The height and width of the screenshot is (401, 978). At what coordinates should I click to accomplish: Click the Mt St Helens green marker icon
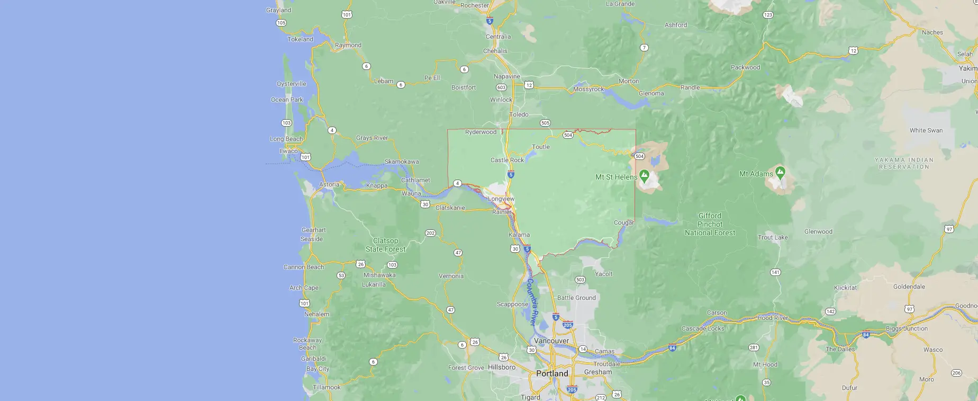pyautogui.click(x=644, y=175)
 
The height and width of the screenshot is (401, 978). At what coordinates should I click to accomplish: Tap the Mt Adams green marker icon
pyautogui.click(x=780, y=172)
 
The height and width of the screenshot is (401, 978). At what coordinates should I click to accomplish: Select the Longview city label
pyautogui.click(x=501, y=199)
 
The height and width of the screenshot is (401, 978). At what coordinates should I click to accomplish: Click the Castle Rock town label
pyautogui.click(x=507, y=160)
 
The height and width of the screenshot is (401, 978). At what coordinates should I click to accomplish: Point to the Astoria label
pyautogui.click(x=329, y=185)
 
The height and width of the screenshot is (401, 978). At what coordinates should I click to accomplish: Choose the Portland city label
pyautogui.click(x=552, y=373)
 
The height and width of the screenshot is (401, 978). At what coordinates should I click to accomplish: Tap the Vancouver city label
pyautogui.click(x=551, y=341)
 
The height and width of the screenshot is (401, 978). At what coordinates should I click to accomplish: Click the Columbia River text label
pyautogui.click(x=532, y=301)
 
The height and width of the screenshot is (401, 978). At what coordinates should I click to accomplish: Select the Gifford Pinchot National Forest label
pyautogui.click(x=710, y=224)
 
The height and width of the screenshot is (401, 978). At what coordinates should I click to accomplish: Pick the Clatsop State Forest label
pyautogui.click(x=385, y=245)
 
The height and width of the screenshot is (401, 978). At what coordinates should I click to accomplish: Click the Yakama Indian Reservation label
pyautogui.click(x=904, y=163)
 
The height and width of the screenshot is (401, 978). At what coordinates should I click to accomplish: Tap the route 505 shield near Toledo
pyautogui.click(x=545, y=123)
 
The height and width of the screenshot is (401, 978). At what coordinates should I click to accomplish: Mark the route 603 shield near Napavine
pyautogui.click(x=501, y=87)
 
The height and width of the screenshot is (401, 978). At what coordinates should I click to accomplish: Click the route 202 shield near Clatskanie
pyautogui.click(x=430, y=233)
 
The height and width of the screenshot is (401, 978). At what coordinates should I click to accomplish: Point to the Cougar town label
pyautogui.click(x=624, y=222)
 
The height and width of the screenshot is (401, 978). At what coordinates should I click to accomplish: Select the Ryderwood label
pyautogui.click(x=481, y=132)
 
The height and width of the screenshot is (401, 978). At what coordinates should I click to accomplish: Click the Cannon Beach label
pyautogui.click(x=304, y=267)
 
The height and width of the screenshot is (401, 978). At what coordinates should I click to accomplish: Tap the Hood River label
pyautogui.click(x=773, y=318)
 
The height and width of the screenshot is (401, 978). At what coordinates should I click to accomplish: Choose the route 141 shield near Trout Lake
pyautogui.click(x=775, y=272)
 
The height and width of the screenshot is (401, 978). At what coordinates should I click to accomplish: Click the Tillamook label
pyautogui.click(x=327, y=387)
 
